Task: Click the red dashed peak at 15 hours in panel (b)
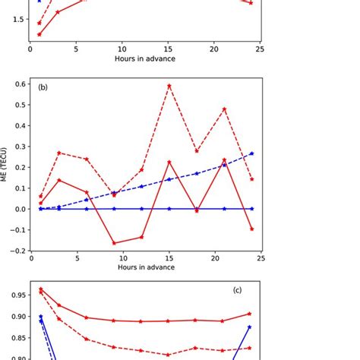click(x=169, y=85)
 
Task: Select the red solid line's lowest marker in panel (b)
click(x=114, y=243)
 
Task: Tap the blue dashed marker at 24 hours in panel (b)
click(x=251, y=153)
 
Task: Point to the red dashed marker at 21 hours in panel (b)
click(x=224, y=109)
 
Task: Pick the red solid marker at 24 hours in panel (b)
click(x=251, y=229)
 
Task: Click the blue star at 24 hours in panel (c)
click(x=250, y=327)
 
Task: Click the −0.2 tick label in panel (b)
click(x=15, y=251)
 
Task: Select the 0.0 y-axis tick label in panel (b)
click(x=17, y=209)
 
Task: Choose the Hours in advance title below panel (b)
click(x=144, y=267)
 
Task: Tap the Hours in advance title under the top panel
click(x=144, y=58)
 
